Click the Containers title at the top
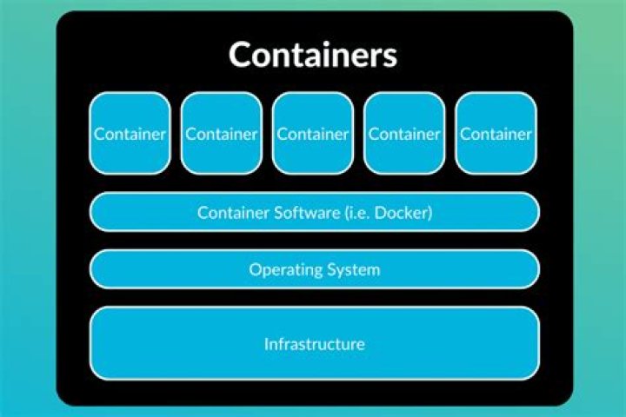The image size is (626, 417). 313,55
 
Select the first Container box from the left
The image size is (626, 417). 130,133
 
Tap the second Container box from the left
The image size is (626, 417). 222,133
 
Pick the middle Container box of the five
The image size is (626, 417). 313,133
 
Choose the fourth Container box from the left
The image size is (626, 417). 404,133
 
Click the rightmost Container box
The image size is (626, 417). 496,133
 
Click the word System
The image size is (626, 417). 354,270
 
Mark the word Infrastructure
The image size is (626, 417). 315,344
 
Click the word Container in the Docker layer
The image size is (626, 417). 234,212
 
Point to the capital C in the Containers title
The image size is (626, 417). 241,55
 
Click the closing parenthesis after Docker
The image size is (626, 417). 430,212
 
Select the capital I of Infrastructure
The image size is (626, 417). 266,344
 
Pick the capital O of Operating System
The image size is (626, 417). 256,269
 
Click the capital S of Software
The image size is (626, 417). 279,212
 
